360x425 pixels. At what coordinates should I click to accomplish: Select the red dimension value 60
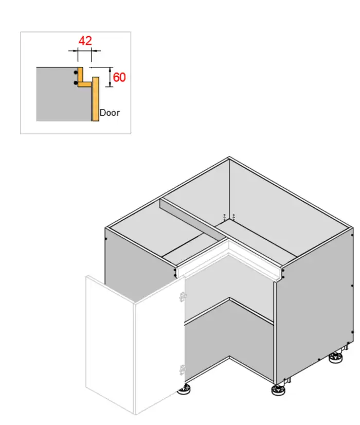[x=119, y=78]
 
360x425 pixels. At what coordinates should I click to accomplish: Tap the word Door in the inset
[x=110, y=112]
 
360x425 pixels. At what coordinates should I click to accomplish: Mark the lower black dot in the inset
[x=76, y=82]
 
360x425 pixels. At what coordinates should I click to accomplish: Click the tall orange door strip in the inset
[x=96, y=100]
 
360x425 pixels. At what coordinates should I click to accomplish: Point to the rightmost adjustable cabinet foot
[x=337, y=357]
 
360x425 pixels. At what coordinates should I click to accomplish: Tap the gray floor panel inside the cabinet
[x=231, y=345]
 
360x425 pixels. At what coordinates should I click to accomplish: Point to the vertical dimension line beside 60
[x=111, y=77]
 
